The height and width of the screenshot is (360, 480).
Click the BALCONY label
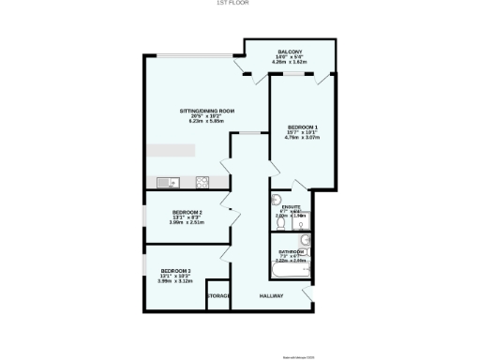pos(289,51)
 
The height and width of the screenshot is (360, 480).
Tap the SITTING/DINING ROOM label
pos(207,111)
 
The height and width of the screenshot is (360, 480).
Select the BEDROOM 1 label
pos(303,127)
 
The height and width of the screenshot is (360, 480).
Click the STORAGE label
pos(218,296)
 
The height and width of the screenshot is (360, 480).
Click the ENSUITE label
pos(303,206)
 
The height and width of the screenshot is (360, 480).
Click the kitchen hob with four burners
pos(202,181)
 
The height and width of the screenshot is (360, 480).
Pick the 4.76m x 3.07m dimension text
pos(303,138)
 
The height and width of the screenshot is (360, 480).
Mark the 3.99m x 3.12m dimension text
pos(176,280)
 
